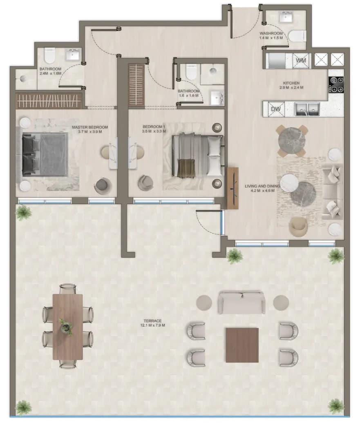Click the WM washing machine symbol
301,60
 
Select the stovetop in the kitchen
336,85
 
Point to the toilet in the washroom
297,36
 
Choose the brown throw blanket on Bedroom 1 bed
186,168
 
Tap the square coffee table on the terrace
242,345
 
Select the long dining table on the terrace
67,327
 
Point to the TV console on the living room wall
233,188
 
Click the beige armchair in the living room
298,226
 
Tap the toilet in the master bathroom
49,55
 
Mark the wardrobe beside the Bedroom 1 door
136,85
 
